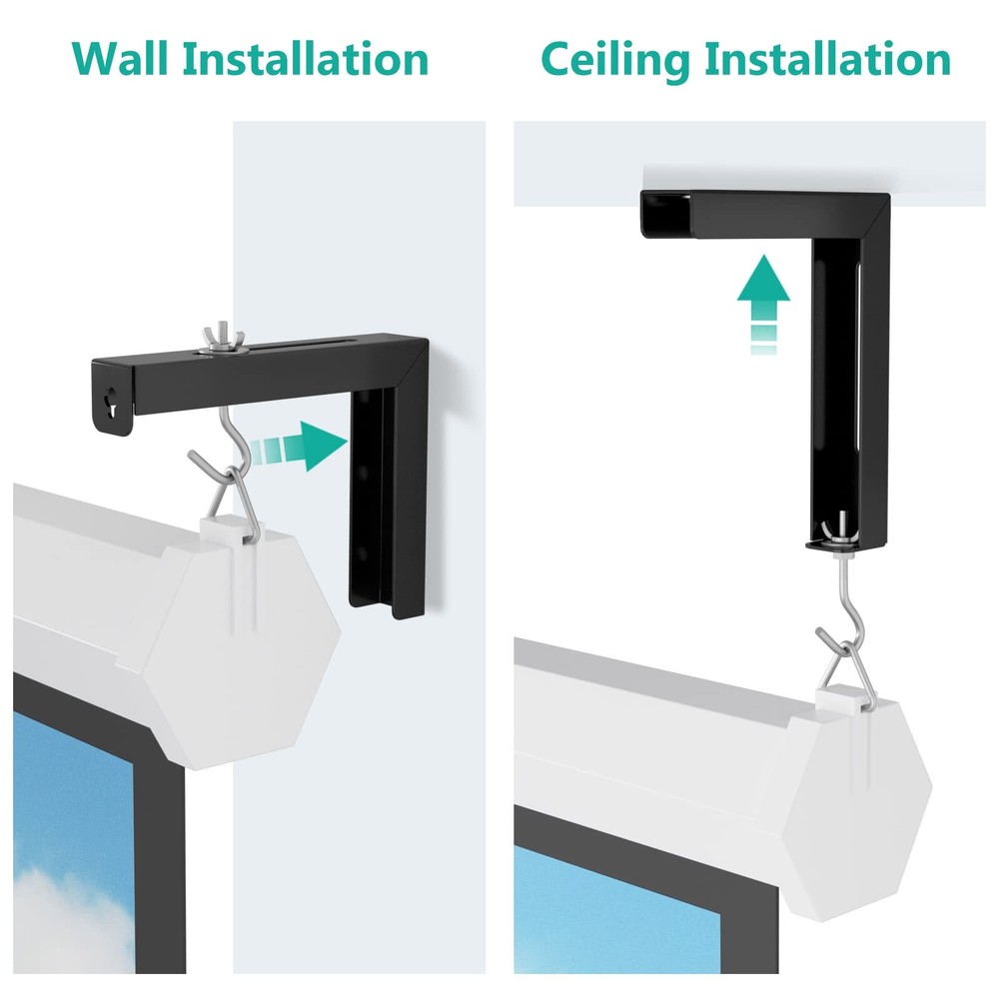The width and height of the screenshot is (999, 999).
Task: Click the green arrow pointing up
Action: [x=763, y=300]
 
